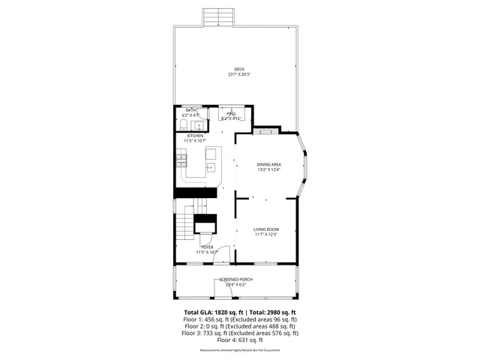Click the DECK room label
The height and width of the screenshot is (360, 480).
tap(238, 70)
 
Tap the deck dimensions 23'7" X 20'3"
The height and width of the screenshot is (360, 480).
tap(238, 74)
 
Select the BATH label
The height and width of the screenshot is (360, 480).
tap(191, 110)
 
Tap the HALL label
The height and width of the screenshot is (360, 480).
tap(231, 113)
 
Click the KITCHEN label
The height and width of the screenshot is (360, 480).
tap(195, 136)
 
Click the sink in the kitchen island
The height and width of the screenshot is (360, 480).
tap(211, 166)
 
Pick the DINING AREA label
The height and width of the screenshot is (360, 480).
tap(268, 164)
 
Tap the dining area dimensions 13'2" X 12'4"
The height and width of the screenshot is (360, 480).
tap(268, 169)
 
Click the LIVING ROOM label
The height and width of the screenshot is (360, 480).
tap(265, 229)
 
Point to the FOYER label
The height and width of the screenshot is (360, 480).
tap(206, 247)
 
